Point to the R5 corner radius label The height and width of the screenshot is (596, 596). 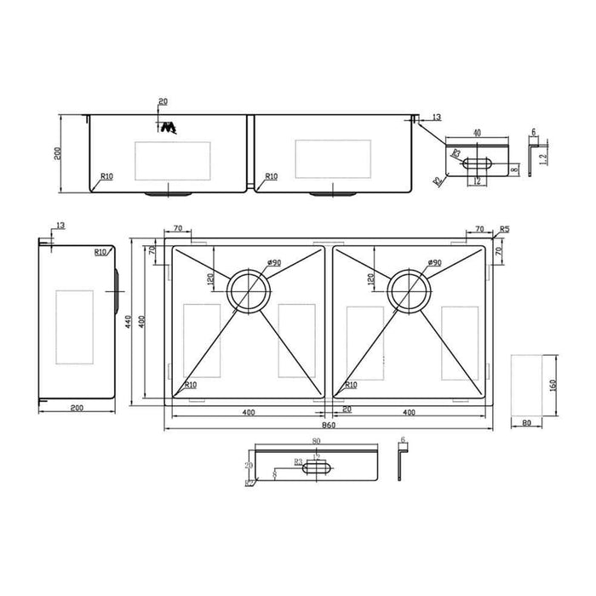coord(505,229)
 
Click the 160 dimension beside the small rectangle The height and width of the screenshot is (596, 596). coord(553,385)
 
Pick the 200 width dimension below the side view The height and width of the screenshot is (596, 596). coord(77,410)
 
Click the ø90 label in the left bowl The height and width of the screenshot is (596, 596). coord(272,262)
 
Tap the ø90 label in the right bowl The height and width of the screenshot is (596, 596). coord(433,262)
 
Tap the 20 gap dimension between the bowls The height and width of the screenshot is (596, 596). coord(347,410)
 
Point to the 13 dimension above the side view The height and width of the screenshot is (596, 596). coord(58,226)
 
